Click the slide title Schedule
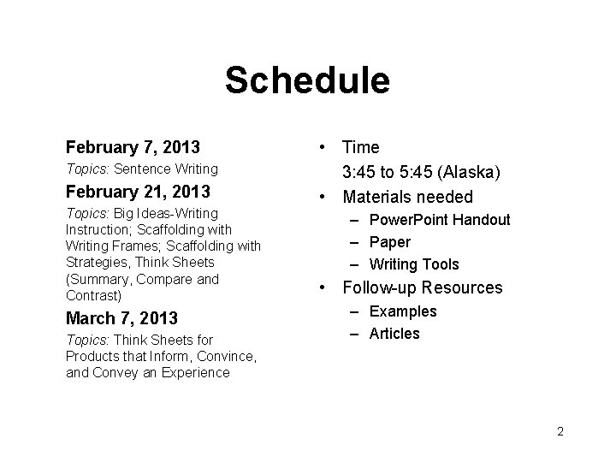(307, 81)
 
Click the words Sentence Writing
(166, 169)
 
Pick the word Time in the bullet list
(361, 148)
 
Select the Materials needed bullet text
(407, 197)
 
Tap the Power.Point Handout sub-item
(440, 220)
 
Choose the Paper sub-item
(389, 242)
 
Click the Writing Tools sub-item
(414, 264)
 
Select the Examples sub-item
(402, 311)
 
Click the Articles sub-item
(394, 334)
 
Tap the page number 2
(560, 431)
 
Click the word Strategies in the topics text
(98, 263)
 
